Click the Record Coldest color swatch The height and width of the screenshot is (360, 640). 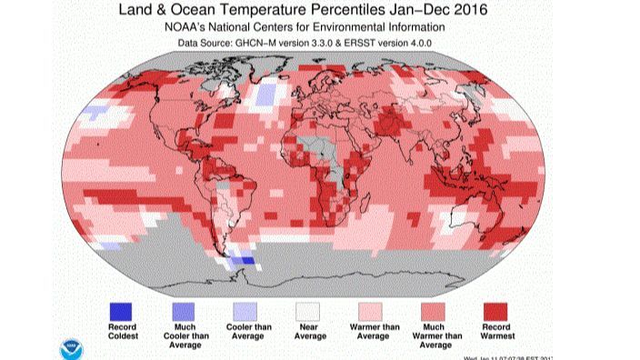[x=121, y=309]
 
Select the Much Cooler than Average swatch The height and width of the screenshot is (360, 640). [x=184, y=309]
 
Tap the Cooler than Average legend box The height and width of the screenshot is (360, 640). [x=245, y=309]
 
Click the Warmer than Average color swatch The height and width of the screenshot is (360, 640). [x=372, y=309]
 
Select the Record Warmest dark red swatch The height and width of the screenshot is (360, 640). [x=496, y=309]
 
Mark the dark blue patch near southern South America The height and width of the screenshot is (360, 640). [x=241, y=261]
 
